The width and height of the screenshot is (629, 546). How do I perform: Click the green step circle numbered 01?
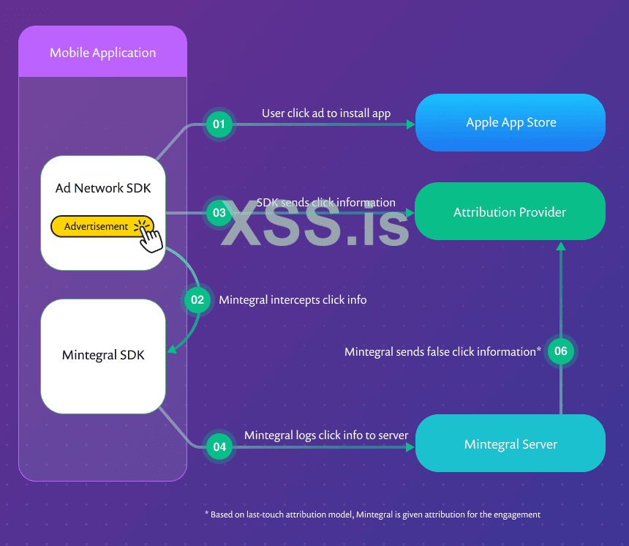tap(219, 124)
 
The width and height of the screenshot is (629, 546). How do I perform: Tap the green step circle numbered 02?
tap(197, 299)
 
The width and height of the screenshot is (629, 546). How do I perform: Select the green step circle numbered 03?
tap(219, 214)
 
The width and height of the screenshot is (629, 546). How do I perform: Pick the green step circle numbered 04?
tap(219, 446)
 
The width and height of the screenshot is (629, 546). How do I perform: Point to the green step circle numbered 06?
tap(561, 351)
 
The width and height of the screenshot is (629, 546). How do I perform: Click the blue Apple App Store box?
tap(511, 122)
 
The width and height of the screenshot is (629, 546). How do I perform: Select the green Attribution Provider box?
tap(510, 212)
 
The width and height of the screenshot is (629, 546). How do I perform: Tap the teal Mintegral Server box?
tap(510, 444)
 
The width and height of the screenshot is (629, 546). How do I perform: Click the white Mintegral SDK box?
tap(103, 356)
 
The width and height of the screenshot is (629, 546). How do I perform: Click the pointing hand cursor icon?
tap(149, 236)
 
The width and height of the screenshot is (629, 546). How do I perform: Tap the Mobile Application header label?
tap(102, 53)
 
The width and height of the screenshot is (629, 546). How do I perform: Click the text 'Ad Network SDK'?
tap(103, 188)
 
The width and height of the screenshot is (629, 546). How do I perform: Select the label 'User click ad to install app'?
tap(326, 113)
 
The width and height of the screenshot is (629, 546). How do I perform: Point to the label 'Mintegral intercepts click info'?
tap(293, 299)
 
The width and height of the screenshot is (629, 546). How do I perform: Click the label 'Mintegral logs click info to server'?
tap(326, 435)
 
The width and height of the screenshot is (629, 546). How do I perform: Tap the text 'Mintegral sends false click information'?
tap(442, 352)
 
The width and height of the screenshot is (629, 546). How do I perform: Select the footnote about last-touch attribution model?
tap(372, 515)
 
